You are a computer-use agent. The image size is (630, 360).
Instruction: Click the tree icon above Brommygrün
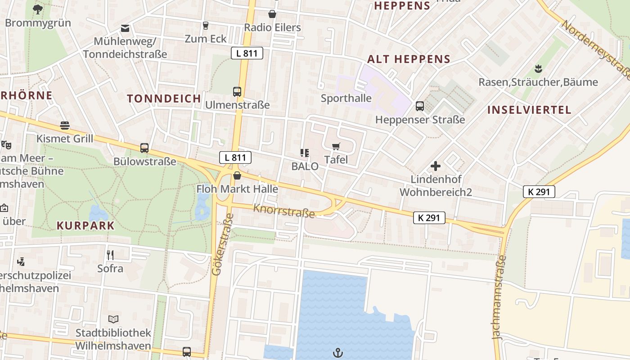tap(38, 9)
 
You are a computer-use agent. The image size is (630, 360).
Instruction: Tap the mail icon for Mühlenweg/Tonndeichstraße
tap(125, 29)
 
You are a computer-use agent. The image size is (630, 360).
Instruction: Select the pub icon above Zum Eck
tap(206, 25)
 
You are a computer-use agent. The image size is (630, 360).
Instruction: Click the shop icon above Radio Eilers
tap(272, 14)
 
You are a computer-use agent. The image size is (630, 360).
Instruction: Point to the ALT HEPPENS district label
tap(409, 59)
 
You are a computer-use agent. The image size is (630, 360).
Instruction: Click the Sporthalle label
tap(346, 98)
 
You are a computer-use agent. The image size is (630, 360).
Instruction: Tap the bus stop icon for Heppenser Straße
tap(420, 106)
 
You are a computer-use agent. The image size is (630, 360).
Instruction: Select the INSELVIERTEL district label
tap(529, 110)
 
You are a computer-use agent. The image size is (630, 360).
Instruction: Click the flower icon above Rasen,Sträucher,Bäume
tap(538, 69)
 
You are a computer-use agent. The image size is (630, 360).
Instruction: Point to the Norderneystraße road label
tap(594, 49)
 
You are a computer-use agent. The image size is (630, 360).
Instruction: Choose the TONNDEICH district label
tap(164, 99)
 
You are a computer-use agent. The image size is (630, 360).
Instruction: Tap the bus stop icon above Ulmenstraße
tap(237, 92)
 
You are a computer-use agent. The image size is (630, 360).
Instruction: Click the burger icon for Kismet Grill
tap(65, 126)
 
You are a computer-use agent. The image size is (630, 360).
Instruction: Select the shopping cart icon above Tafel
tap(336, 146)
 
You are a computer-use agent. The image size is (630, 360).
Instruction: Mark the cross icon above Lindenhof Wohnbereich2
tap(436, 166)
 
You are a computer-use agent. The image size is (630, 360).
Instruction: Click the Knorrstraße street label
tap(284, 210)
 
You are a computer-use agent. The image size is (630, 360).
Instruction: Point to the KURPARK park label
tap(85, 226)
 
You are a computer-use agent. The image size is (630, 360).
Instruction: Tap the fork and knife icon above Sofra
tap(110, 255)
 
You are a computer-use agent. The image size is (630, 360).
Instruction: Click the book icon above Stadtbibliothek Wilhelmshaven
tap(113, 319)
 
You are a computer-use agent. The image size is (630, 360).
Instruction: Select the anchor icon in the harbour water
tap(337, 353)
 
